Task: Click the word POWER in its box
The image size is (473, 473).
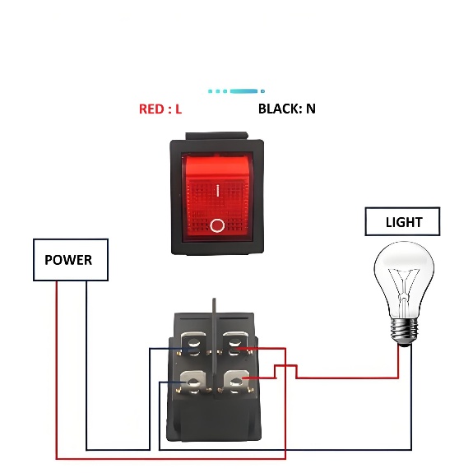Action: [68, 260]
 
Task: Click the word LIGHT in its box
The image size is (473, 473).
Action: [403, 222]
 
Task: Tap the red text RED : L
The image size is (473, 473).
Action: [160, 109]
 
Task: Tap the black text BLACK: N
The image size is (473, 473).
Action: [286, 109]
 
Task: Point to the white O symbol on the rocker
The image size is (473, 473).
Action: [217, 225]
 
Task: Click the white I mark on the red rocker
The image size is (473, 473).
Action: [217, 191]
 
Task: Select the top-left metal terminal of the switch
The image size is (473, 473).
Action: [194, 341]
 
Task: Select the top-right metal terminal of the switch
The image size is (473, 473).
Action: [237, 341]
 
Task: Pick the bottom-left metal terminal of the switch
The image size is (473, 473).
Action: [193, 383]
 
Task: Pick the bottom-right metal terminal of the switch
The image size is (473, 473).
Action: [237, 383]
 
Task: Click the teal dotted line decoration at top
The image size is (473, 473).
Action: [236, 91]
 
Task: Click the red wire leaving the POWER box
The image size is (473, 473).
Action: [56, 370]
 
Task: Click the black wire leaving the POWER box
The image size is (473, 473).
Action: [86, 370]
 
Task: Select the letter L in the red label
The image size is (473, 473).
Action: [179, 109]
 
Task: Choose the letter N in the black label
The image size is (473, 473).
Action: [310, 109]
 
